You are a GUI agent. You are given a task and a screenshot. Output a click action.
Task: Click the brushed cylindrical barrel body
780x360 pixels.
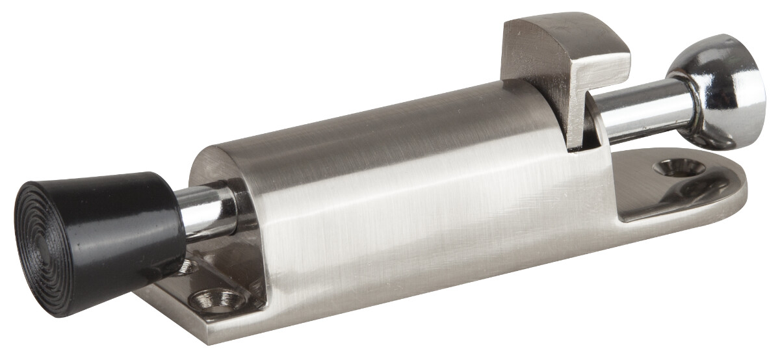pyautogui.click(x=403, y=195)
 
